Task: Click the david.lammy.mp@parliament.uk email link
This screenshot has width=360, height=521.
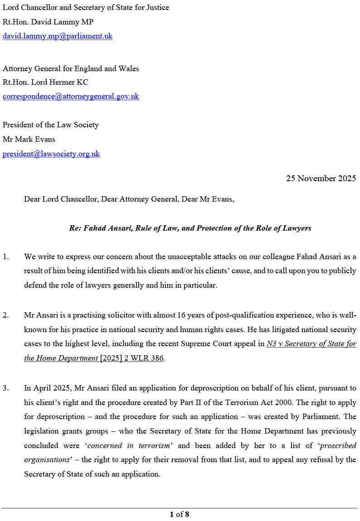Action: (x=58, y=36)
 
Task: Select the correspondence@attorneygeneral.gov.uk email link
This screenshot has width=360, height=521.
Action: (x=71, y=96)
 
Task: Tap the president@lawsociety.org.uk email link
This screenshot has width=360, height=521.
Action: (x=51, y=154)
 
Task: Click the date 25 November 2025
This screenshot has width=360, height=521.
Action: (x=321, y=178)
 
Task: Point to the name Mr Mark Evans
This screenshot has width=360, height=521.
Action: (x=29, y=139)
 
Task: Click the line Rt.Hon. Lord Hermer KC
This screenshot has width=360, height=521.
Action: (x=45, y=82)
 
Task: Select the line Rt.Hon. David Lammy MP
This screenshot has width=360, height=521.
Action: (x=48, y=22)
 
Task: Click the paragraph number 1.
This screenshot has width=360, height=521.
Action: (x=5, y=257)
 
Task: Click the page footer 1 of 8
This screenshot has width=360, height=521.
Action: (x=180, y=514)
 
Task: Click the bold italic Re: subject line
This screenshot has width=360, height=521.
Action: (x=190, y=228)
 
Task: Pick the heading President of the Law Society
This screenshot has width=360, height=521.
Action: (x=51, y=125)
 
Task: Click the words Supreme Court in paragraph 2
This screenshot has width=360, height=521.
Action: (x=203, y=344)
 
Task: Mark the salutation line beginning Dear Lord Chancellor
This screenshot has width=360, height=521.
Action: (x=129, y=199)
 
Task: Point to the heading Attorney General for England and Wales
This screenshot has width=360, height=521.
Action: (x=71, y=69)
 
